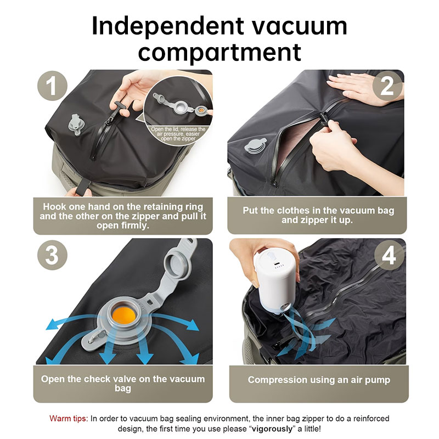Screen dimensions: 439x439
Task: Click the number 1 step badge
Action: pos(52,86)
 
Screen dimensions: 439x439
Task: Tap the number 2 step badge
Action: pos(387,86)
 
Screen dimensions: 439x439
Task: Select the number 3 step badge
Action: pos(52,255)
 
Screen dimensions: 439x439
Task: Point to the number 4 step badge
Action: pos(390,255)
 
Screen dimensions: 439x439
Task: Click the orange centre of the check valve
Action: pos(123,315)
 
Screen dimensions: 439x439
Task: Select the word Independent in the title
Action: pos(168,26)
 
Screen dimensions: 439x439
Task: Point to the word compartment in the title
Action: pos(219,52)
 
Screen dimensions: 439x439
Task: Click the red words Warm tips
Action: pos(68,419)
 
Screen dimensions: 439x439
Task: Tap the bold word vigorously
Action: pos(272,429)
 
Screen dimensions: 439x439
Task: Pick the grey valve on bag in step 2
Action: pos(255,146)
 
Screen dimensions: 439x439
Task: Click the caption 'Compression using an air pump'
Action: pos(319,380)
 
